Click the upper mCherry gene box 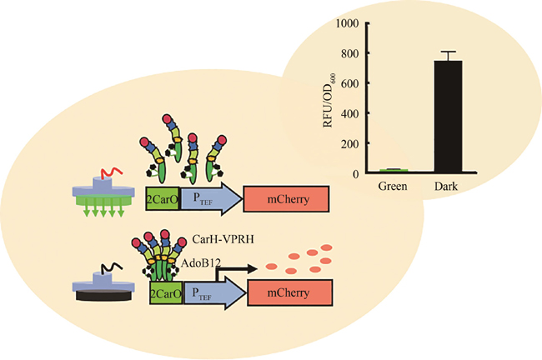point(287,198)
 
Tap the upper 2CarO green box point(162,198)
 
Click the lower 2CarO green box point(166,293)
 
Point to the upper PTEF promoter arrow point(208,198)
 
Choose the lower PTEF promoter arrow point(213,293)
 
